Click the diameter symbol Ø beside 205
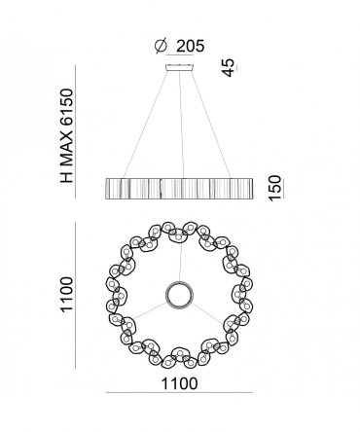click(161, 46)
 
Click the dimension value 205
click(191, 46)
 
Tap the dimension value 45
click(229, 68)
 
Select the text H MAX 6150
click(67, 135)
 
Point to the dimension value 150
click(274, 188)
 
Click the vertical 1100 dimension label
click(67, 294)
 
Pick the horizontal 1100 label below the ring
click(179, 383)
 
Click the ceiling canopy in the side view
click(180, 68)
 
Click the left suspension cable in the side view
click(146, 125)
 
